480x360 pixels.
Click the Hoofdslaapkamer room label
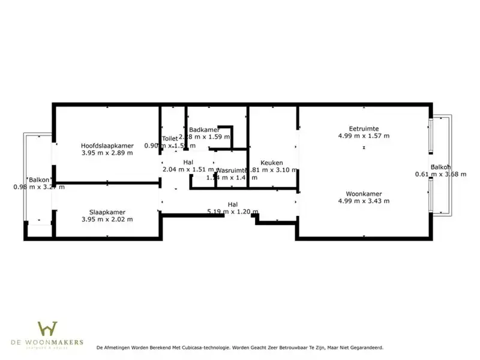click(107, 145)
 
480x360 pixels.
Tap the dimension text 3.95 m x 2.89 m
click(107, 153)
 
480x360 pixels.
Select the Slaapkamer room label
click(107, 212)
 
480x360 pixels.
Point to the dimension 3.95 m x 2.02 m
click(107, 220)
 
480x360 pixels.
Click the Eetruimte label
click(364, 128)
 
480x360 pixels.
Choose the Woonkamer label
click(364, 193)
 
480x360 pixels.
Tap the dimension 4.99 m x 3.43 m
click(364, 201)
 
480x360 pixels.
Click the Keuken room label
click(271, 163)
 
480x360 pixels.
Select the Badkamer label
click(203, 130)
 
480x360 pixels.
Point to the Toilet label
click(170, 138)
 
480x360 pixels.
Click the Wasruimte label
click(231, 170)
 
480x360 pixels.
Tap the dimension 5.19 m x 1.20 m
click(232, 212)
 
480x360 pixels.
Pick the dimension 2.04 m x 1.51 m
click(188, 170)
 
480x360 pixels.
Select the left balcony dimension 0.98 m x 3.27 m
click(39, 187)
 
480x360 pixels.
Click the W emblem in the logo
click(47, 329)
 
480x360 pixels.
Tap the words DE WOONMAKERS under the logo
click(47, 343)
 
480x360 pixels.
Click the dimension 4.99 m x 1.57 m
click(364, 136)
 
